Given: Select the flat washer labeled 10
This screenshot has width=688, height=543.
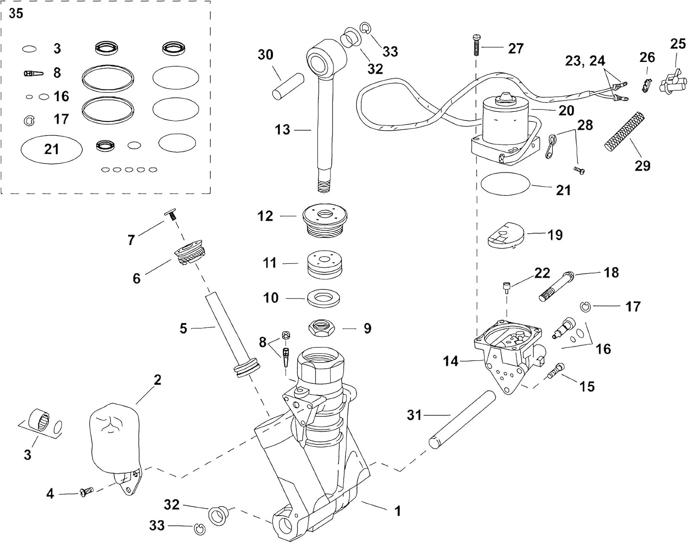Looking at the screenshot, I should tap(325, 299).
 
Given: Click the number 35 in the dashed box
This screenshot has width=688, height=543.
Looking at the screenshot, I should tap(16, 14).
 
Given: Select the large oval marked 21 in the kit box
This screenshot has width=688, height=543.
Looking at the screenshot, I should tap(51, 149).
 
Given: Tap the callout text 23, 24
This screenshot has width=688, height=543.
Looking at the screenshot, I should tap(585, 61).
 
